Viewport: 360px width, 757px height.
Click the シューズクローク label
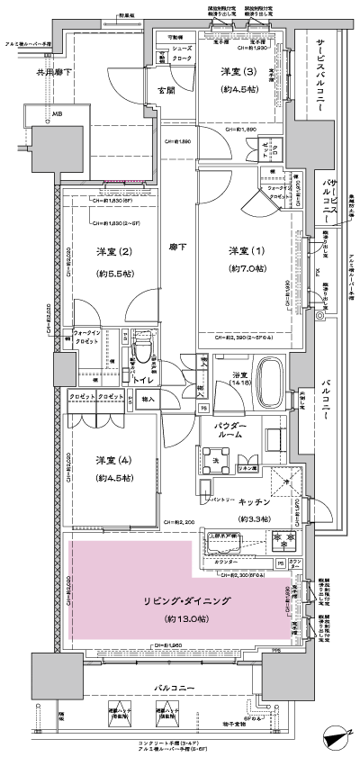(180, 52)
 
